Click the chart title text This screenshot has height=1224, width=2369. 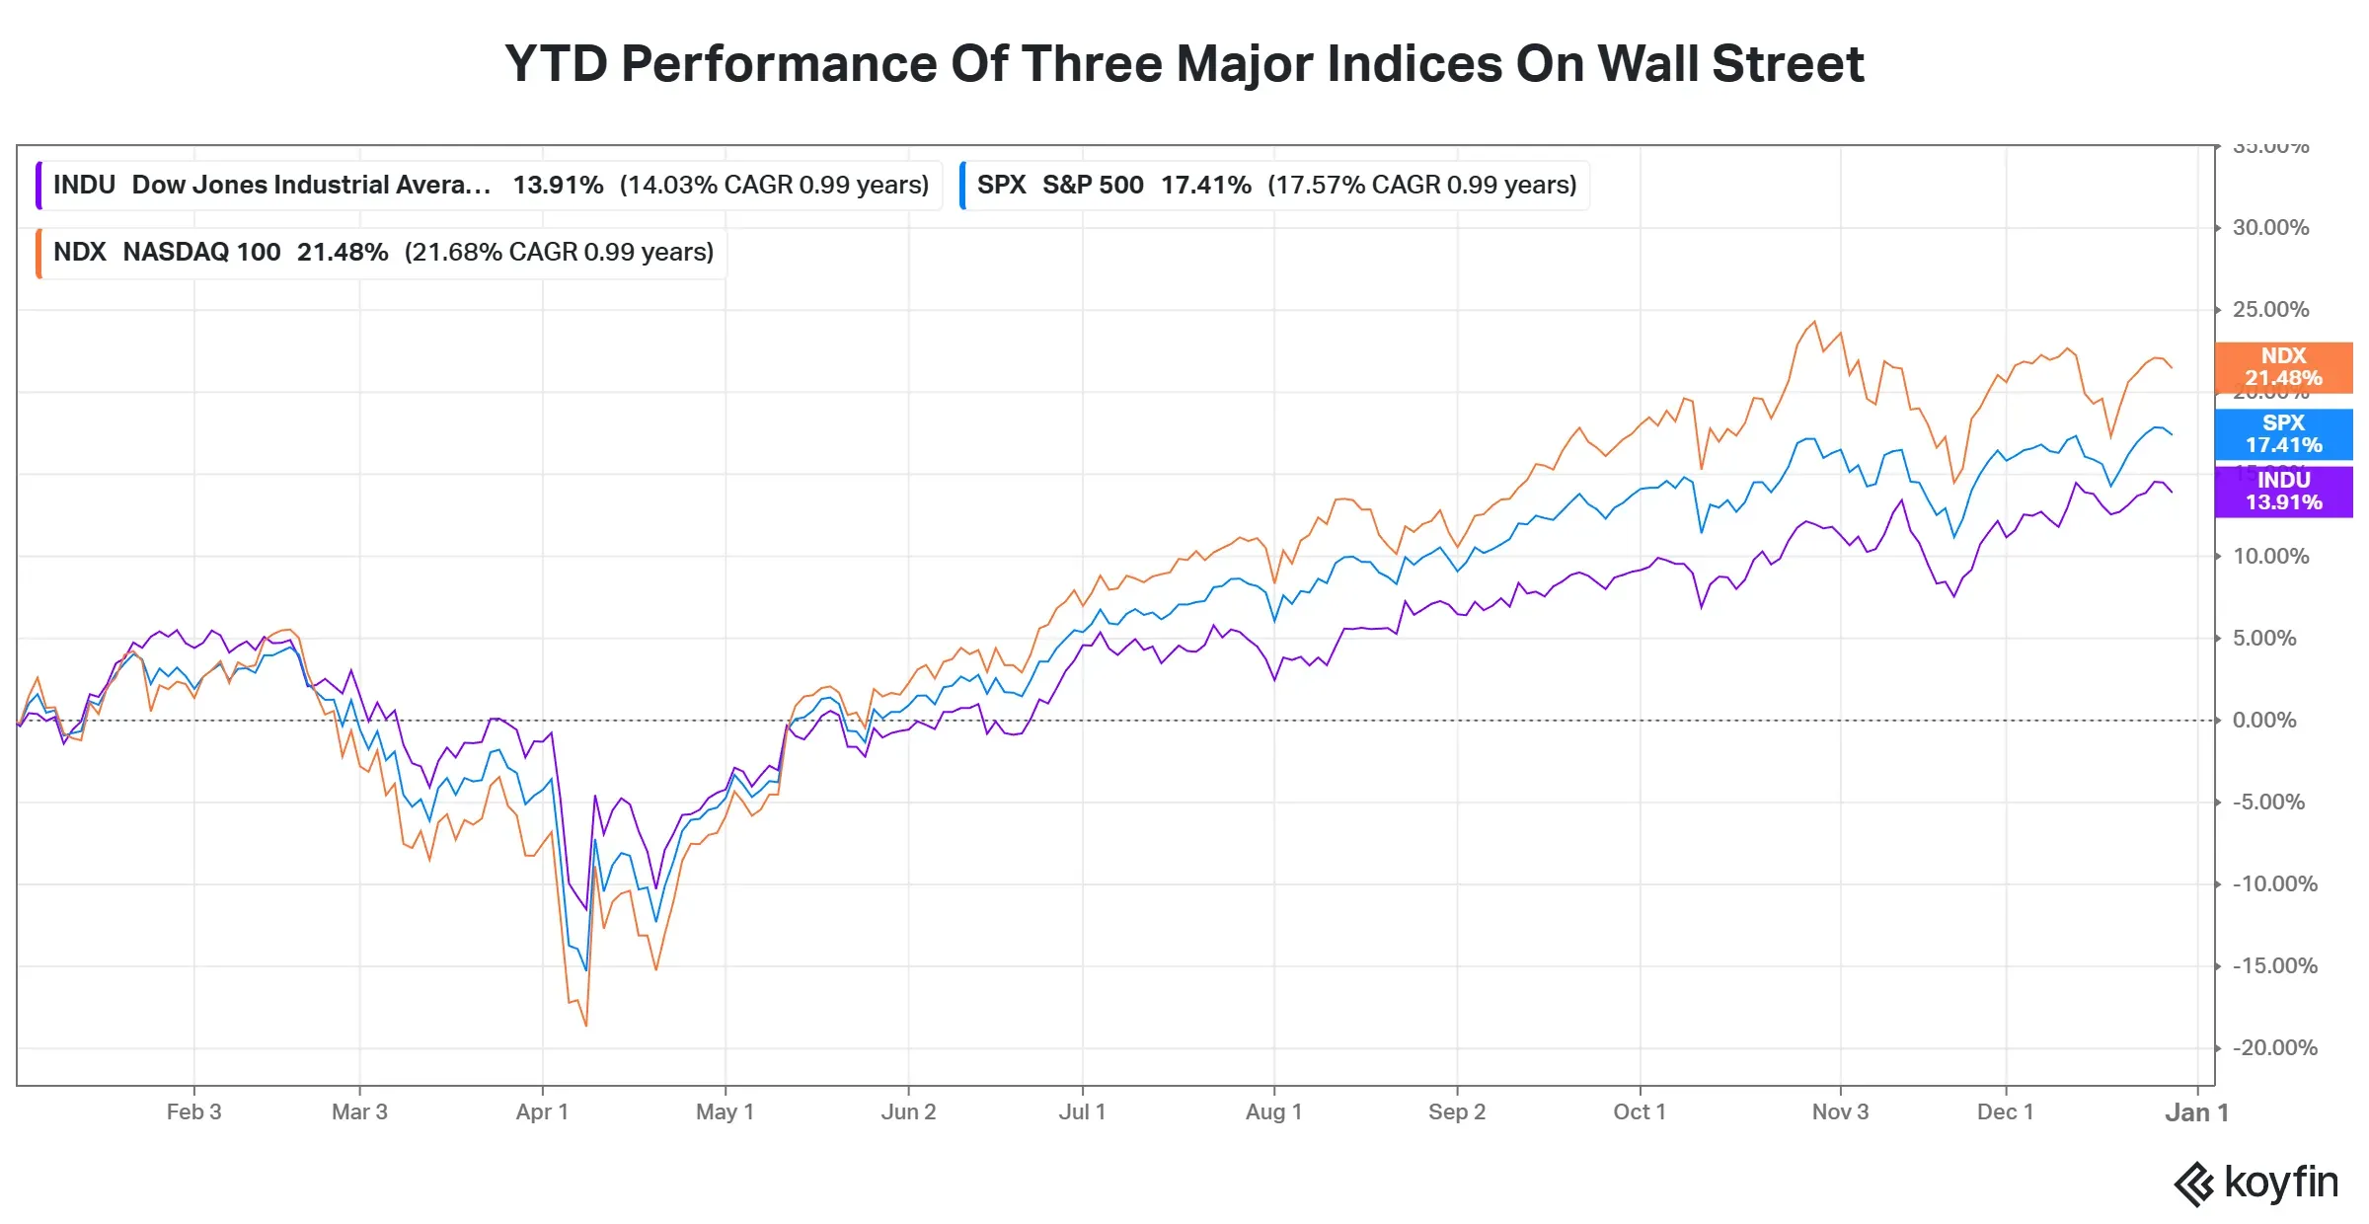1184,64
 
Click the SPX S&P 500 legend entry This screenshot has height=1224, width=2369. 1275,186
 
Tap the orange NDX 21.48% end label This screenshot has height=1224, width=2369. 2283,367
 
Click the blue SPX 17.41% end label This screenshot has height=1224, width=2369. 2283,434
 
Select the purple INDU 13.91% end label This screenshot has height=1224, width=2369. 2283,492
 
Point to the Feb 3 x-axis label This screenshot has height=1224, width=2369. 193,1112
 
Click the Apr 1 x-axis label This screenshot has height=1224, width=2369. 542,1112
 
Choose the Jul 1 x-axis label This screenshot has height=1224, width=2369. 1082,1112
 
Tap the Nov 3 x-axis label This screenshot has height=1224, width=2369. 1840,1112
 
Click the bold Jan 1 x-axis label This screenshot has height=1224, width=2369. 2196,1113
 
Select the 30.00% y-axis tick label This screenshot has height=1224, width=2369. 2270,228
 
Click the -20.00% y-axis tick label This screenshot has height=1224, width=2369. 2274,1048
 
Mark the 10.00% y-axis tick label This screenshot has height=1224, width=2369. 2270,557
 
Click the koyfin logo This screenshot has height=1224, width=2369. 2255,1183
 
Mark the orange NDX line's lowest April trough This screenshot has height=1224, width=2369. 586,1026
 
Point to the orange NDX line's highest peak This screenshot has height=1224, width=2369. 1814,322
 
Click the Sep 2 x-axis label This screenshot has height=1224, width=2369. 1456,1112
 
